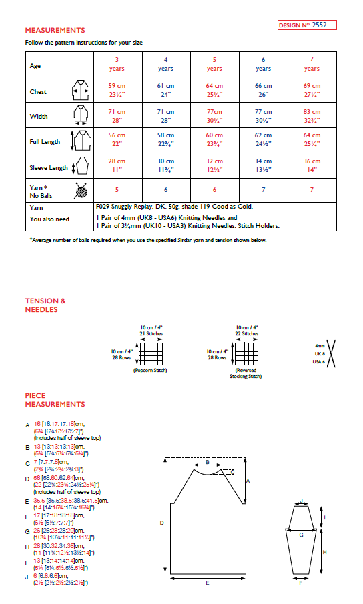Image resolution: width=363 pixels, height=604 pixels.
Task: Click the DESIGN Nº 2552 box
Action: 307,25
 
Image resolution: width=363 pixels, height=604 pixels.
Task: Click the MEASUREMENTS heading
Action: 55,30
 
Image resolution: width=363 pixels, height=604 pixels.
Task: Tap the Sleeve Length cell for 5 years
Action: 214,165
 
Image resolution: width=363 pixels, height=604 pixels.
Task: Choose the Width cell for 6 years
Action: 263,115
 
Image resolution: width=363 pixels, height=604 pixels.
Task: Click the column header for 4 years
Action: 165,64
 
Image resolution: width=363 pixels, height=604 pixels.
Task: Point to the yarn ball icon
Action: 81,191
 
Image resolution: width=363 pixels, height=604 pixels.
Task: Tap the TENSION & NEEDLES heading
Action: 45,305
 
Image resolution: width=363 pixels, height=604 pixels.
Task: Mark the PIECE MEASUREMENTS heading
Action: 55,400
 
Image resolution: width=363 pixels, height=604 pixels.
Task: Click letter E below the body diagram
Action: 208,583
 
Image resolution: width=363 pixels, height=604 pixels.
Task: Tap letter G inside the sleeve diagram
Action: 301,534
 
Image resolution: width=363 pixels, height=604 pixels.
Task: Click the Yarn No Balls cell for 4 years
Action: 165,190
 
